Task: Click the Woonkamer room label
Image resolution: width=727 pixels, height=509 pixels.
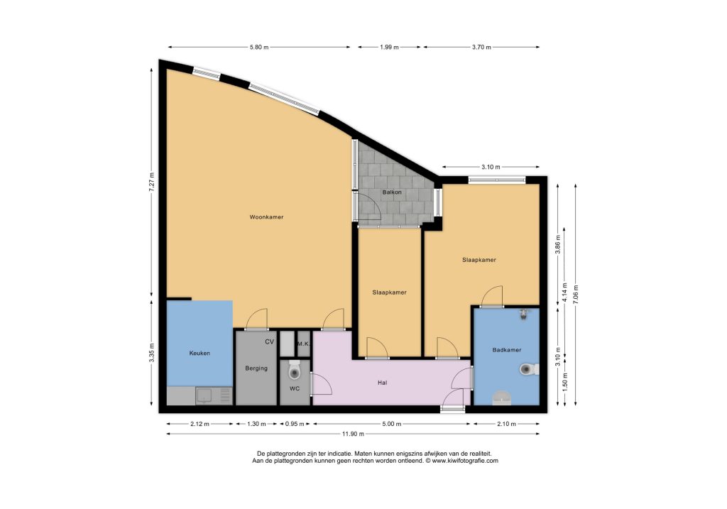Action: point(266,217)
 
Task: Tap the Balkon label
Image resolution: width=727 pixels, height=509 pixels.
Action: point(392,192)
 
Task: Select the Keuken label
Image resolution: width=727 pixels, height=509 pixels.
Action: point(199,354)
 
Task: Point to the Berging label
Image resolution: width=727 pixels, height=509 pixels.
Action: point(256,368)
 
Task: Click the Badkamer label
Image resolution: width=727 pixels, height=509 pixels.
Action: point(507,350)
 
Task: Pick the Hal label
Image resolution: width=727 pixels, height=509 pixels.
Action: point(383,383)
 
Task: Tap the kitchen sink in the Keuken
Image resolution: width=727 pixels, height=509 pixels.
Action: point(204,396)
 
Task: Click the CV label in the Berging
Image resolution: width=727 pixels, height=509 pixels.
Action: point(269,342)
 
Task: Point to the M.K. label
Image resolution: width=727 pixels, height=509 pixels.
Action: point(304,344)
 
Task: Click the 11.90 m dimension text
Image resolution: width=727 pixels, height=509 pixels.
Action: point(354,434)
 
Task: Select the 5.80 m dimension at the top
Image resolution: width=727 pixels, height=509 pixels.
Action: point(259,48)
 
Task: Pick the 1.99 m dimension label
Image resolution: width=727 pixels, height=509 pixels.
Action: point(390,48)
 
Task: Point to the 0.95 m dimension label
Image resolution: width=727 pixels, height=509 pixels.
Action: point(295,424)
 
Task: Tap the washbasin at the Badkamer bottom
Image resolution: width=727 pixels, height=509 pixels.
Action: point(501,398)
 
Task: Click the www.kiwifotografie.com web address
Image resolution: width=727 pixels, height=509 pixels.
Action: point(465,461)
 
